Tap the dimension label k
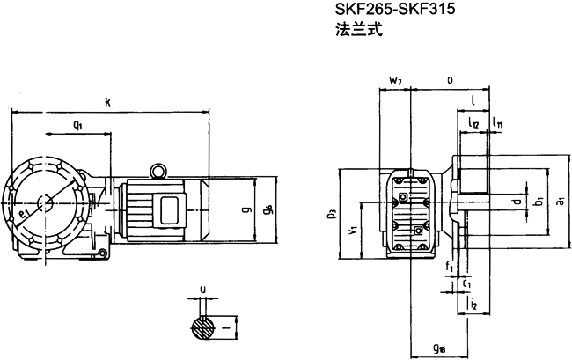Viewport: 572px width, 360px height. point(107,102)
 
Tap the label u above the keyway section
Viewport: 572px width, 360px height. point(203,288)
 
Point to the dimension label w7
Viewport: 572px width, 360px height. point(394,81)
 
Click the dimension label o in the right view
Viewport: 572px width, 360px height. point(450,80)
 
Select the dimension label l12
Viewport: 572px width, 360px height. point(473,125)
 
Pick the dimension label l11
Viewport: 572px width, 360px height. point(497,125)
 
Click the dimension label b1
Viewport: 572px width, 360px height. point(538,203)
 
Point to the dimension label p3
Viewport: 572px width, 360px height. point(329,214)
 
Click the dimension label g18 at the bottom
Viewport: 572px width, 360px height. point(438,348)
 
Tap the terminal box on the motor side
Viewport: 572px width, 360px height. point(168,209)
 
